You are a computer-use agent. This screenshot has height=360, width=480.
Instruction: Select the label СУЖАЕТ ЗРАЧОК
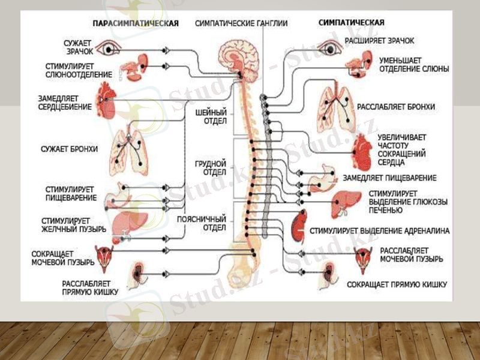coord(79,47)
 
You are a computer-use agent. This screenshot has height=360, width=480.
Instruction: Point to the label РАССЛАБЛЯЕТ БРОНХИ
coord(396,107)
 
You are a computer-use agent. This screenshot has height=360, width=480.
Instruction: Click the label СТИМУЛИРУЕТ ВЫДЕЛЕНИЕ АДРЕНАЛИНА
coord(380,230)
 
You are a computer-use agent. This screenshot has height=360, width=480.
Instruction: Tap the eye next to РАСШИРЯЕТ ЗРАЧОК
coord(328,46)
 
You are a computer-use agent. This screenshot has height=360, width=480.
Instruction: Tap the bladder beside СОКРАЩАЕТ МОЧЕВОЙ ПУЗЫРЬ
coord(107,254)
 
